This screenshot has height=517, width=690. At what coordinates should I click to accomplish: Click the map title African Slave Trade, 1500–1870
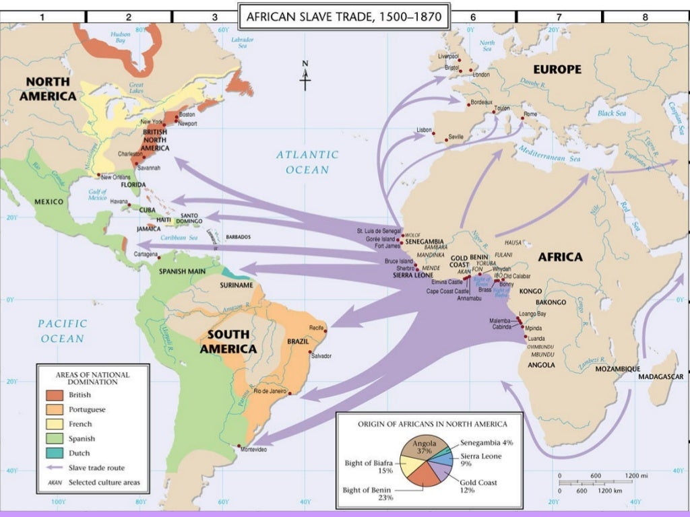coord(344,16)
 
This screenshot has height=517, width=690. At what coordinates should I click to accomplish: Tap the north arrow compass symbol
coord(305,75)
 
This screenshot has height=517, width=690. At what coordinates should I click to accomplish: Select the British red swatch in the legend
coord(55,395)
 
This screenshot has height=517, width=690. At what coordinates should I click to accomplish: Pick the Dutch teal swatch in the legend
coord(55,453)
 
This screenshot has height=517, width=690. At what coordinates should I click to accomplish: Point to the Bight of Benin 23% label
coord(367,493)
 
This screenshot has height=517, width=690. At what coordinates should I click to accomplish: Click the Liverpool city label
coord(447,57)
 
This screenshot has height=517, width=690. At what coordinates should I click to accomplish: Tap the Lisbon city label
coord(425,129)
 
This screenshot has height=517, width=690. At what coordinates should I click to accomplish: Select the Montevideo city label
coord(257,448)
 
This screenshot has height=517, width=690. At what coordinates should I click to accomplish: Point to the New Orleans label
coord(115,177)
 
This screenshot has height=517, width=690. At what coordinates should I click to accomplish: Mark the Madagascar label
coord(660,376)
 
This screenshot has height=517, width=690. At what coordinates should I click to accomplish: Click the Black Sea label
coord(611,114)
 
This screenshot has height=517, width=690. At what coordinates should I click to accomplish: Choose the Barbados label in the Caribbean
coord(238,237)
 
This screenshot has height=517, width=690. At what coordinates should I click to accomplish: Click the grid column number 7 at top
coord(559,16)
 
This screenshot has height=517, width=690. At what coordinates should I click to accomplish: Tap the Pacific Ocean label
coord(61,331)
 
